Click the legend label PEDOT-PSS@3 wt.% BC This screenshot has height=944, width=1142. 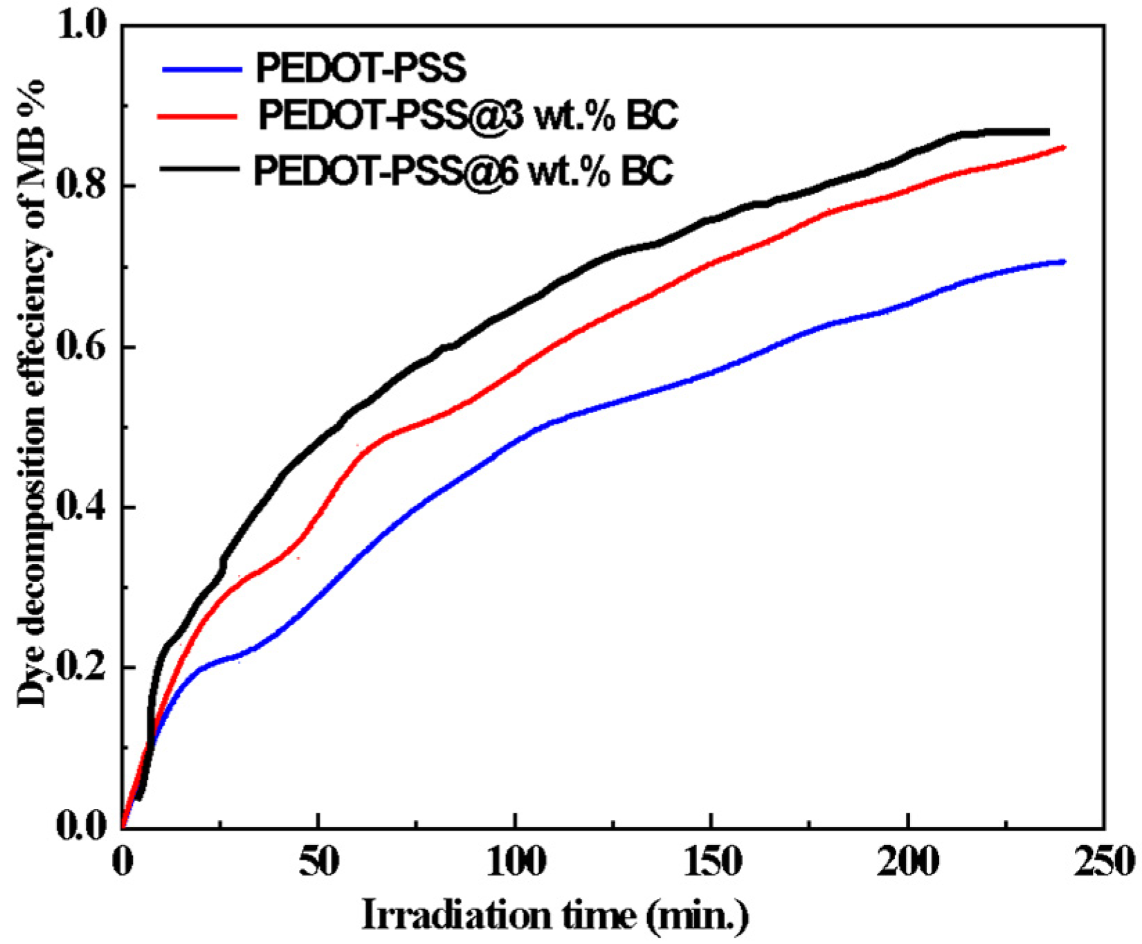click(x=468, y=116)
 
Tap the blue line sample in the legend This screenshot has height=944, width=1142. click(x=201, y=69)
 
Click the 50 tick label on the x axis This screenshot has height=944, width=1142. click(x=318, y=862)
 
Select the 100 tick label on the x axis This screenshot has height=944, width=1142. click(x=514, y=862)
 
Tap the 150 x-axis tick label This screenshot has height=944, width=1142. click(x=711, y=862)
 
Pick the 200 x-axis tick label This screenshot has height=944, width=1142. click(x=907, y=862)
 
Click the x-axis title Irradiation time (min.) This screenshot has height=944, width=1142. click(x=555, y=916)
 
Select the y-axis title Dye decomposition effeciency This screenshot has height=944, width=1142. click(x=31, y=391)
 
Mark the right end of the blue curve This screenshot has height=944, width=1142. click(x=1064, y=262)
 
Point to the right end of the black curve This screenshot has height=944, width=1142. click(x=1048, y=131)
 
